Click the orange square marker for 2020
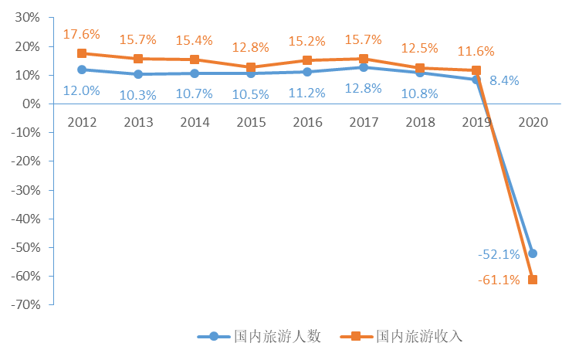coord(532,279)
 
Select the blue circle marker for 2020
coord(532,253)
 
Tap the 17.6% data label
coord(82,35)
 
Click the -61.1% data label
coord(498,280)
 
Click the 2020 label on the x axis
coord(532,123)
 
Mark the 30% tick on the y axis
coord(27,17)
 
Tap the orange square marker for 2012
coord(82,53)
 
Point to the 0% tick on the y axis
coord(31,104)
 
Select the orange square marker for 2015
coord(250,67)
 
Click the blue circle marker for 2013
coord(138,74)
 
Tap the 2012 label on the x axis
coord(82,123)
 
